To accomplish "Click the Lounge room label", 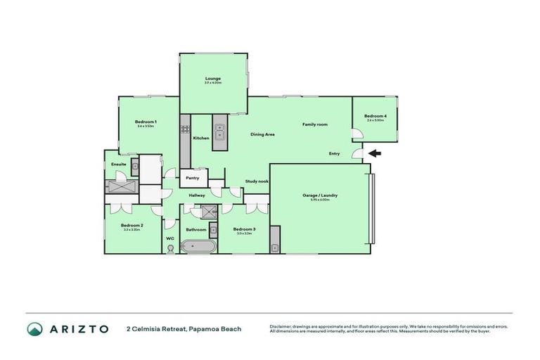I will coord(213,78).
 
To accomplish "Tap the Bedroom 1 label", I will coord(146,122).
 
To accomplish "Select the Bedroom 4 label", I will coord(375,116).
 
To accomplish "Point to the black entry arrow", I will coord(375,153).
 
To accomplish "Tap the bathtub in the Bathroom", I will coord(196,246).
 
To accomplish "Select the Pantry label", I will coord(193,178).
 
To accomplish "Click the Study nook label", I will coord(257,181).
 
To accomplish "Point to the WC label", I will coord(170,238).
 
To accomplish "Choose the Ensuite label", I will coord(118,165).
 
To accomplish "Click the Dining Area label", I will coord(262,134).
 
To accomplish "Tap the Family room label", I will coord(315,124).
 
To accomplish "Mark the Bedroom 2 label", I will coord(131,226).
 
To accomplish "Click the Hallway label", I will coord(197,195).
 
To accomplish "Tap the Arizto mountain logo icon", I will coord(34,328).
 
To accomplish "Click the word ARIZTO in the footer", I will coord(79,328).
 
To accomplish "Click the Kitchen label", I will coord(201,138).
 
